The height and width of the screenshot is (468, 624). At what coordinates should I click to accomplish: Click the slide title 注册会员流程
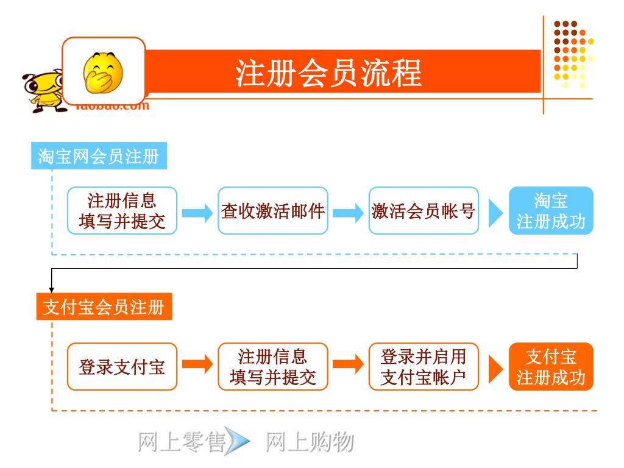click(x=328, y=74)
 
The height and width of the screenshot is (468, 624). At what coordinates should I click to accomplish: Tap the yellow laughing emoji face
click(x=103, y=71)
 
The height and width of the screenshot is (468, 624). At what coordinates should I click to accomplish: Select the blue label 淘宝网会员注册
click(x=99, y=157)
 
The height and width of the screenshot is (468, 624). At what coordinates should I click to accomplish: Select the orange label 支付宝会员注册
click(x=104, y=307)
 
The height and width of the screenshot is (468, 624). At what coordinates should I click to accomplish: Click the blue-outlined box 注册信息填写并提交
click(x=122, y=211)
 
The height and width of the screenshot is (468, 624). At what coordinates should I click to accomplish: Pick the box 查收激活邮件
click(x=273, y=211)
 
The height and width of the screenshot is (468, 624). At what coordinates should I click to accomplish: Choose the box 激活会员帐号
click(x=424, y=211)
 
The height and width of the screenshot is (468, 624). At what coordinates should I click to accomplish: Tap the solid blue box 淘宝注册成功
click(x=551, y=211)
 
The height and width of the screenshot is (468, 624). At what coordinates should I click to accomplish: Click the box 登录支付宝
click(x=122, y=367)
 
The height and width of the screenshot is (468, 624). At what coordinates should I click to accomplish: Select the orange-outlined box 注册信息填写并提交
click(x=273, y=367)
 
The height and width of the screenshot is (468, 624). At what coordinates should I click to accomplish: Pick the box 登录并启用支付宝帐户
click(x=424, y=367)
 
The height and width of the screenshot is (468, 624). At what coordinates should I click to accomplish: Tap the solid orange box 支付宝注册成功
click(x=551, y=367)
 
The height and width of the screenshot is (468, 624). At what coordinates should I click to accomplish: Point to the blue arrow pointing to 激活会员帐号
click(x=348, y=212)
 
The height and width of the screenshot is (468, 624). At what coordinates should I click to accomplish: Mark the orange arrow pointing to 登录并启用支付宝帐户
click(x=348, y=365)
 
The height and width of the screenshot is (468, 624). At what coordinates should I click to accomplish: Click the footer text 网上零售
click(x=181, y=442)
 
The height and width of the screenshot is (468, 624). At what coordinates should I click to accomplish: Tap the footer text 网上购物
click(x=310, y=442)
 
